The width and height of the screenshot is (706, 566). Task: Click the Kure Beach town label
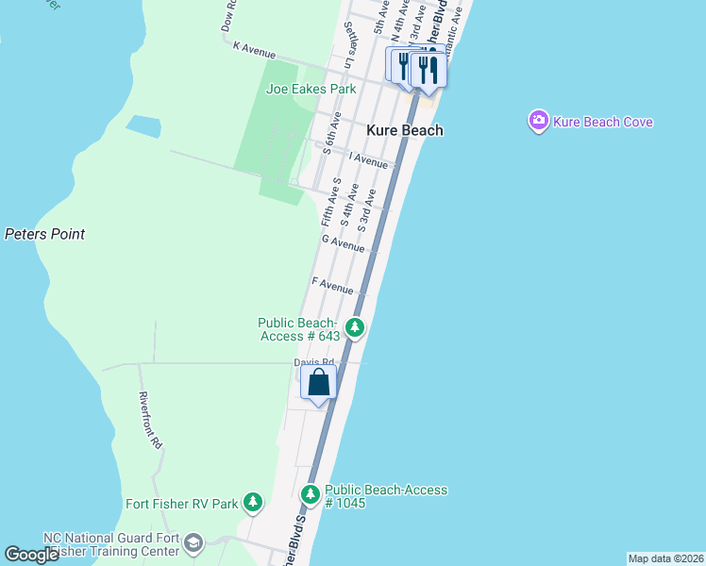coord(404,130)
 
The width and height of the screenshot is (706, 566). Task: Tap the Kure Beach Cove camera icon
coord(539,122)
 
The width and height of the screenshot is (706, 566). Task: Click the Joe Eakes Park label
coord(311,89)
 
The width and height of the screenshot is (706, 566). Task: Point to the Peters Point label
coord(44,234)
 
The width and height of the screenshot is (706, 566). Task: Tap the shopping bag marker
coord(319,383)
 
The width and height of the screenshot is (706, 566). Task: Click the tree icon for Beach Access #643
coord(354,328)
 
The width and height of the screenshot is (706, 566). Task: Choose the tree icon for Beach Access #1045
coord(311,494)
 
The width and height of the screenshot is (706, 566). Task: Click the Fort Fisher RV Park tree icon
coord(252,503)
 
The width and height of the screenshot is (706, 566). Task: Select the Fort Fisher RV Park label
coord(182,504)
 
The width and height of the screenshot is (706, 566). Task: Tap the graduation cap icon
coord(193,543)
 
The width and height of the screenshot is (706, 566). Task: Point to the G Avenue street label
coord(343,244)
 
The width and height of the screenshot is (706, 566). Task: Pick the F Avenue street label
coord(332,285)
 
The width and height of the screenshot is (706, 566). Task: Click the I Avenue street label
coord(368,161)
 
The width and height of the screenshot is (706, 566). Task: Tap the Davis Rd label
coord(314,362)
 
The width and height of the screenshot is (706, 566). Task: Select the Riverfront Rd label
coord(151,420)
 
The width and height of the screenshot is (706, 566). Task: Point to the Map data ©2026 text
coord(665,558)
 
